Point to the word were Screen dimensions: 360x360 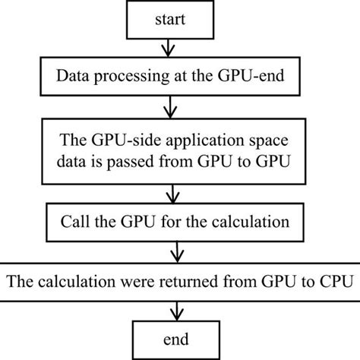pos(135,283)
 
